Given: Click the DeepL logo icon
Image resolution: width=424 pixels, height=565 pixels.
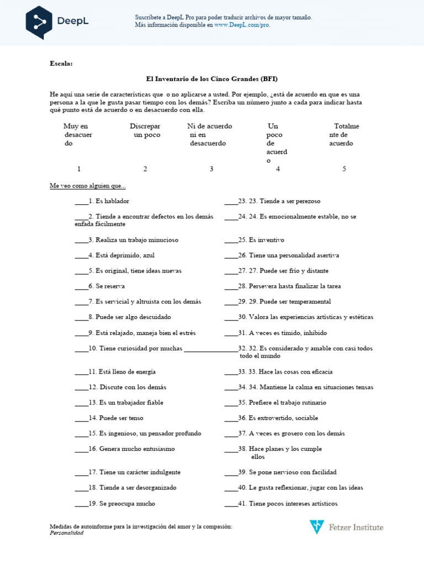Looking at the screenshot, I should tap(39, 22).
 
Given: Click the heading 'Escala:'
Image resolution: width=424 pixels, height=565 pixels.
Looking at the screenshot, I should tap(61, 63).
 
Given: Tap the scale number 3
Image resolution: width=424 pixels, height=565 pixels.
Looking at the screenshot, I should tap(211, 169).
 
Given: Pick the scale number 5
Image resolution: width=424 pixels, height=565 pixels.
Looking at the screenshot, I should tap(344, 169).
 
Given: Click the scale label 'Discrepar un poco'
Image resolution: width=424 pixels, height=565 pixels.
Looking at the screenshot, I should tap(145, 130).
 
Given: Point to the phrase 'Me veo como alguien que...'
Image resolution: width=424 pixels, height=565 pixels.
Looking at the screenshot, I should tap(88, 186).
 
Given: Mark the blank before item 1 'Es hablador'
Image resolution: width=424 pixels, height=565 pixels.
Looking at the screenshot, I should tap(81, 201).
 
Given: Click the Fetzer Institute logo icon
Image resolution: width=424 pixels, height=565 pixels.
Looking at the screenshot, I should tap(316, 527).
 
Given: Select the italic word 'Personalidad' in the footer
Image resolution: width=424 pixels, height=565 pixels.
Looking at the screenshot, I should tap(67, 533).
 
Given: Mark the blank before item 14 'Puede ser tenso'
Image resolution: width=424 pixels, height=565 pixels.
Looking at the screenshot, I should tap(81, 418).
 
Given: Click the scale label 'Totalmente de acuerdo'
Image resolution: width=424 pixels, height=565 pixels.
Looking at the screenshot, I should tap(343, 135).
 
